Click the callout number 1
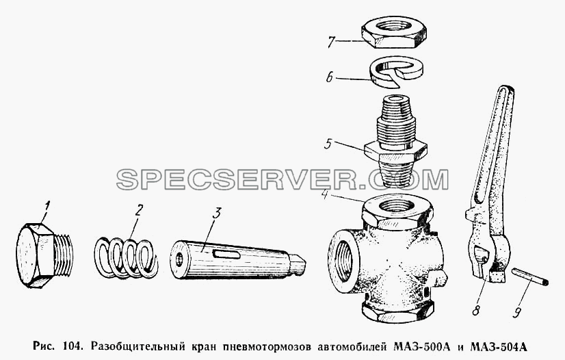(46, 209)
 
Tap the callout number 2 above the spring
(138, 210)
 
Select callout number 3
(215, 213)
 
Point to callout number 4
(325, 197)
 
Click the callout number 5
(327, 144)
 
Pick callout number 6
(329, 77)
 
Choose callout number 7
(331, 42)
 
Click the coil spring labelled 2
(126, 257)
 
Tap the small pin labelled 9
(531, 277)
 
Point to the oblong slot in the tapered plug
(226, 255)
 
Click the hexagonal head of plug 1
(36, 255)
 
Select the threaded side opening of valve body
(343, 261)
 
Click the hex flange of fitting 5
(396, 151)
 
